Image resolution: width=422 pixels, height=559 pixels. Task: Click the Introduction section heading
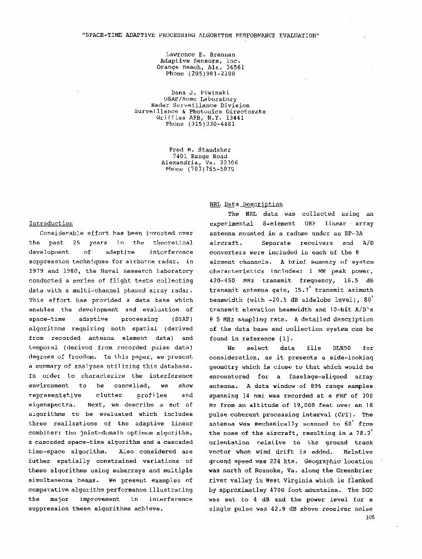click(51, 224)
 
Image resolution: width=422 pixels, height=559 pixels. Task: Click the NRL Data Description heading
click(246, 205)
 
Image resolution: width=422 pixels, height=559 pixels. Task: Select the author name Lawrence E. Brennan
click(200, 55)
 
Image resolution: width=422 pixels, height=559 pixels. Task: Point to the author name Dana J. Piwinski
click(200, 93)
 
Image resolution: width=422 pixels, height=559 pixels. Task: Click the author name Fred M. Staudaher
click(200, 150)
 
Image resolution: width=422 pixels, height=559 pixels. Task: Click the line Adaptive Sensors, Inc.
click(200, 61)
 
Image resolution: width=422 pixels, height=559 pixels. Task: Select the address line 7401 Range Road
click(200, 157)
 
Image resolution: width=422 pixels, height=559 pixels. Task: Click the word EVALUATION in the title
click(294, 35)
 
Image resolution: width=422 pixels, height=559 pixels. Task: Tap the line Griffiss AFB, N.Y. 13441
click(200, 118)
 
